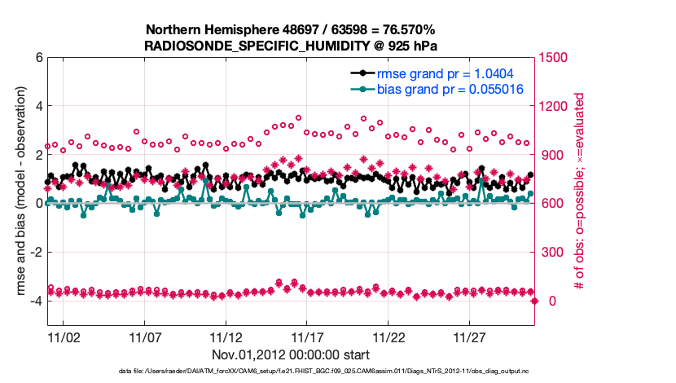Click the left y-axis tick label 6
38,58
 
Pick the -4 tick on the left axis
36,301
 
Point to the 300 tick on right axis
553,253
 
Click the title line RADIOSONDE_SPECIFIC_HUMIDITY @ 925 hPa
292,46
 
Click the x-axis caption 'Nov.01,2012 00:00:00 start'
291,354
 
